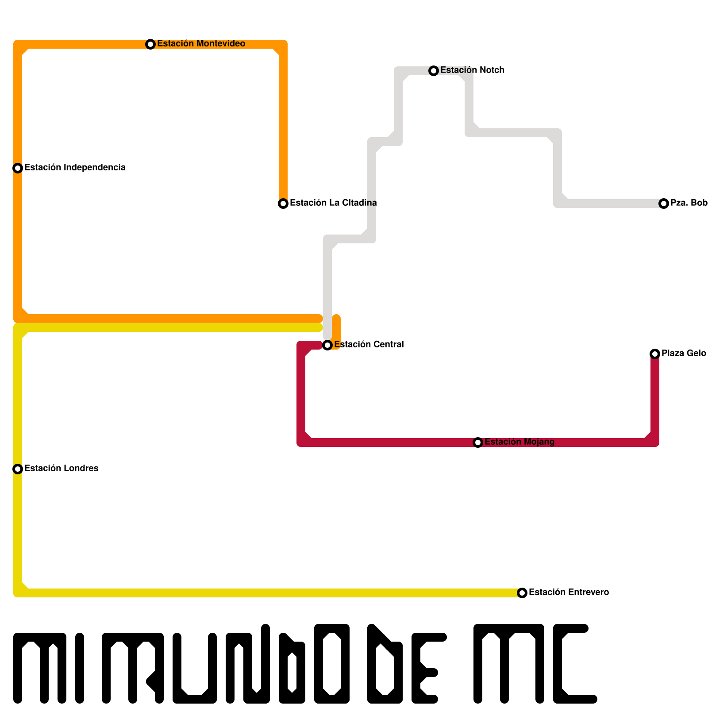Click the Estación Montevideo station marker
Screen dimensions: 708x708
[150, 44]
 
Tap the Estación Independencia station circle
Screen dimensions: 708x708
[18, 168]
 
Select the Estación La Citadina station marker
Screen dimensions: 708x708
[283, 204]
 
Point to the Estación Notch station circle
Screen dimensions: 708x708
[434, 71]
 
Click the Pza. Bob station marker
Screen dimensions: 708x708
[664, 204]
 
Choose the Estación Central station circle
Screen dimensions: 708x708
[327, 345]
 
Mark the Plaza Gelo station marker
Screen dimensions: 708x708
[655, 354]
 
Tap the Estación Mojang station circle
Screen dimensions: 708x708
[478, 442]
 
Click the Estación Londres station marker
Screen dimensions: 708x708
[18, 469]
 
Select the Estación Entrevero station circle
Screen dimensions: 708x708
[522, 593]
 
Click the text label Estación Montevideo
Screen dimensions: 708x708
[201, 44]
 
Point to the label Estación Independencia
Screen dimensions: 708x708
[75, 168]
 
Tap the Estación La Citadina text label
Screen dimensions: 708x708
[333, 203]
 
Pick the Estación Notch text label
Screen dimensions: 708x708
[472, 70]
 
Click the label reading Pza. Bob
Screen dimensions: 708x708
[689, 203]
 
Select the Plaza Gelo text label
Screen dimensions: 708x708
[684, 354]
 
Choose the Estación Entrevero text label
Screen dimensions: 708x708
[569, 593]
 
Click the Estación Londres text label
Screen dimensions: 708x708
[61, 469]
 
